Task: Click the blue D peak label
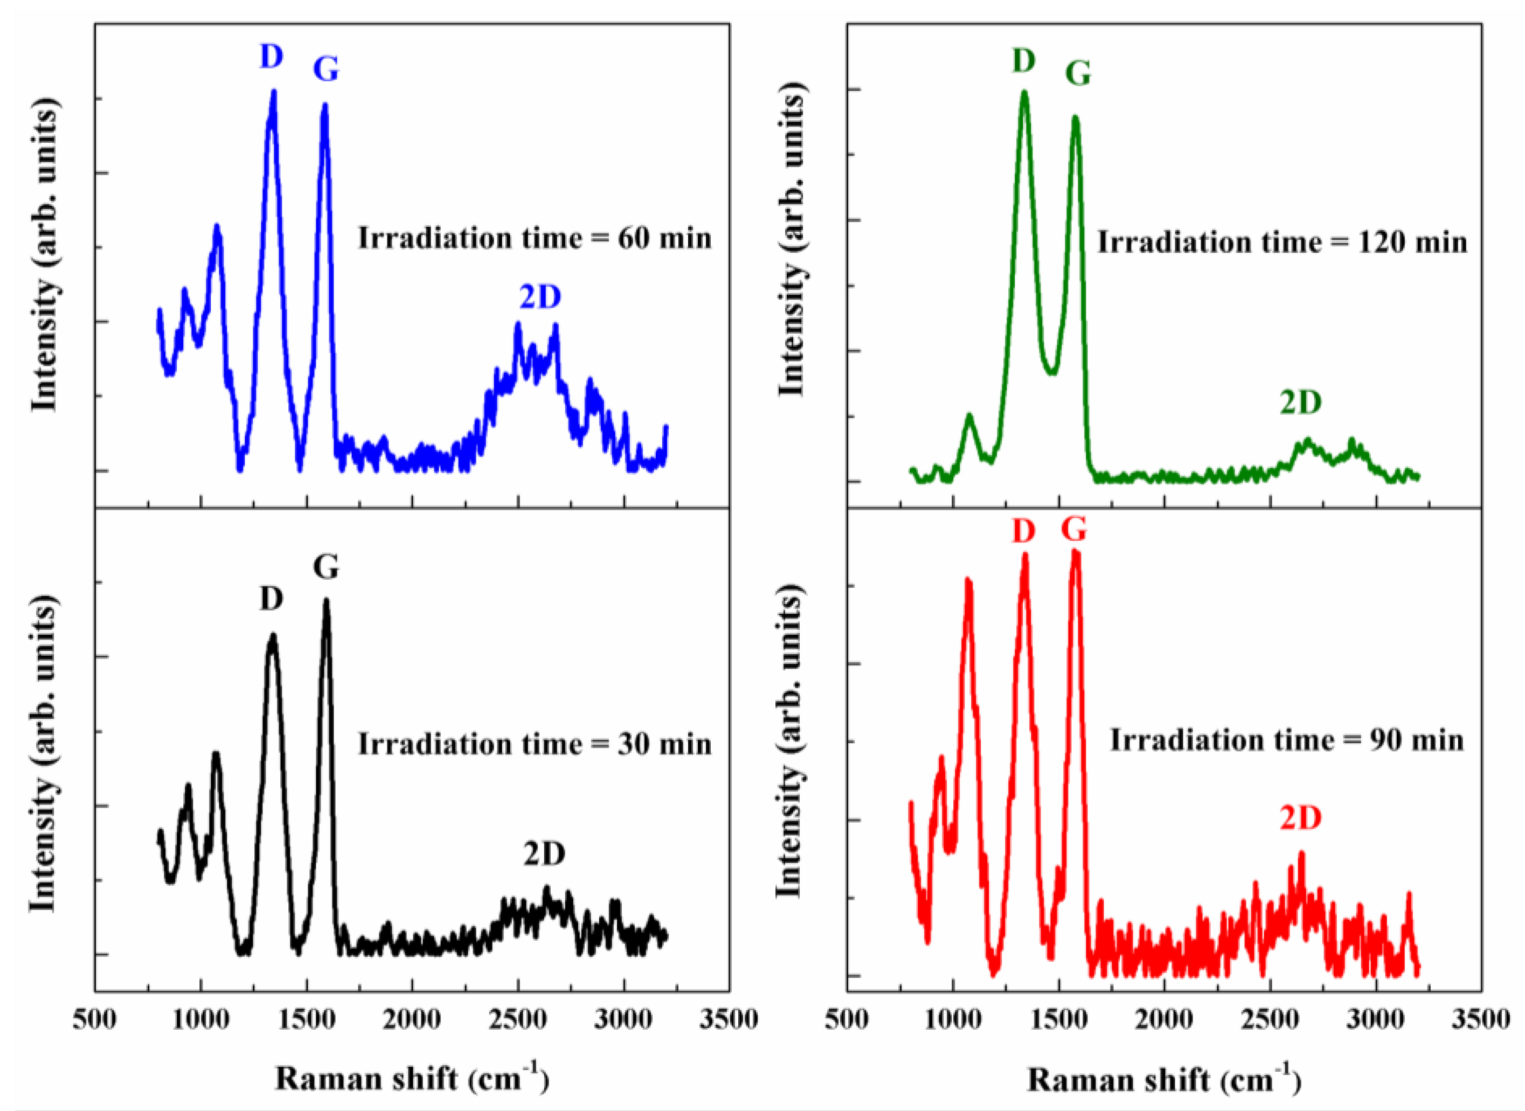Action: (272, 57)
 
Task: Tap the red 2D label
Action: (1300, 818)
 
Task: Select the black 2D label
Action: (545, 854)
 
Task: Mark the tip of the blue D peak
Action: (274, 92)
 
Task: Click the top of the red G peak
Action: (1076, 552)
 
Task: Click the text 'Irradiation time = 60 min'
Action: (534, 239)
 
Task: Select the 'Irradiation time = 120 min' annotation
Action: (1282, 242)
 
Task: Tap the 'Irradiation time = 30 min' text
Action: (534, 745)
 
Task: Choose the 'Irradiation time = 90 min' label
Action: (1286, 740)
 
